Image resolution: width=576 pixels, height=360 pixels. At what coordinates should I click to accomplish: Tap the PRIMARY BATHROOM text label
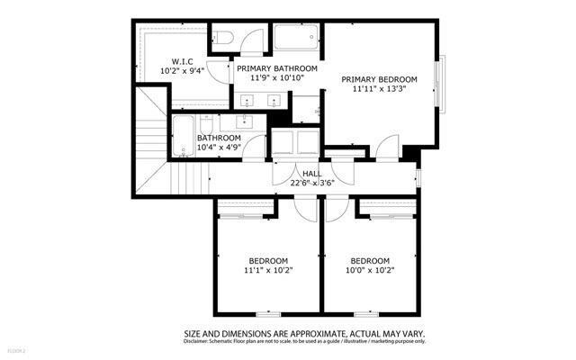click(x=277, y=68)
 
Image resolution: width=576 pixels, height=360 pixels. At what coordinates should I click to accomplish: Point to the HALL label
click(x=312, y=173)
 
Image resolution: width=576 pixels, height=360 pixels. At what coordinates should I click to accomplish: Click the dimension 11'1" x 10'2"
click(x=268, y=269)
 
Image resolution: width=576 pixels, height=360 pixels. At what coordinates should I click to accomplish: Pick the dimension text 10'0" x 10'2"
click(x=371, y=269)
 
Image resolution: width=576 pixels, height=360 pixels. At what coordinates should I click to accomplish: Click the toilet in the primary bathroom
click(x=226, y=37)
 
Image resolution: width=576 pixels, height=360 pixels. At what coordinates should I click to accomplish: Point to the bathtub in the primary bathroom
click(x=297, y=38)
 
